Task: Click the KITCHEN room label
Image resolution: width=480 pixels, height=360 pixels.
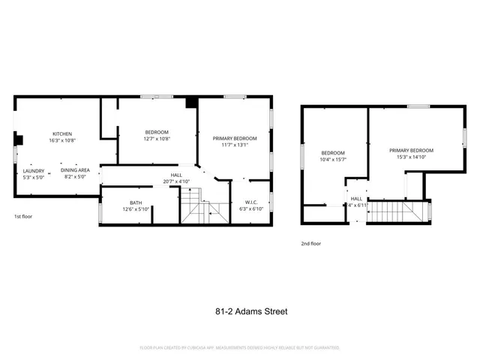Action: coord(61,133)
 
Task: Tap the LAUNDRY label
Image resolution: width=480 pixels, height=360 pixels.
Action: coord(34,170)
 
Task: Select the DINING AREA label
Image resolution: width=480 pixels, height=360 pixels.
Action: coord(75,170)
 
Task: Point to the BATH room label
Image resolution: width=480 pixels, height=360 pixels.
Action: coord(136,202)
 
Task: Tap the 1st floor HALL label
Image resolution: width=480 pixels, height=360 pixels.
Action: coord(177,175)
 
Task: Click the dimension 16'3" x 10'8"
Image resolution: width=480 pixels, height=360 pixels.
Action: coord(61,140)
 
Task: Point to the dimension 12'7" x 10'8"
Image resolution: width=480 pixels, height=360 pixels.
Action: coord(157,139)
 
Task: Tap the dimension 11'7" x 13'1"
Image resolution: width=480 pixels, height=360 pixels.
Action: coord(235,145)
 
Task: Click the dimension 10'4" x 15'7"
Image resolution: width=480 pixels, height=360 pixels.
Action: coord(332,159)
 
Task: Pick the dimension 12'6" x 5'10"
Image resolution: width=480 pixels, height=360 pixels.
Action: coord(136,209)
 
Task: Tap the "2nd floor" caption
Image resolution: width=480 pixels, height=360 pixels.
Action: coord(311,244)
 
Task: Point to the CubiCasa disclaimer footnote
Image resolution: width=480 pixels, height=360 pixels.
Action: coord(240,348)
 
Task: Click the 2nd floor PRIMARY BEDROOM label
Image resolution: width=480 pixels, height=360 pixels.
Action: coord(411,151)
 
